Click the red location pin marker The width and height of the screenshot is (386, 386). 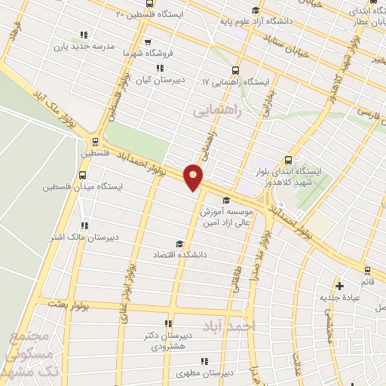coord(194,176)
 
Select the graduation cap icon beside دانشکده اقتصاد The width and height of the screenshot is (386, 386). coord(179,243)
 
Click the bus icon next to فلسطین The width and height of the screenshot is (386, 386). coord(95,140)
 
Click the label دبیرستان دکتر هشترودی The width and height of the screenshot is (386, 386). coord(167,341)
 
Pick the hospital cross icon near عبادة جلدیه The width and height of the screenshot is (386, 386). coord(340,286)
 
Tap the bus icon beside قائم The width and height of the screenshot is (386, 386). coord(367,270)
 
